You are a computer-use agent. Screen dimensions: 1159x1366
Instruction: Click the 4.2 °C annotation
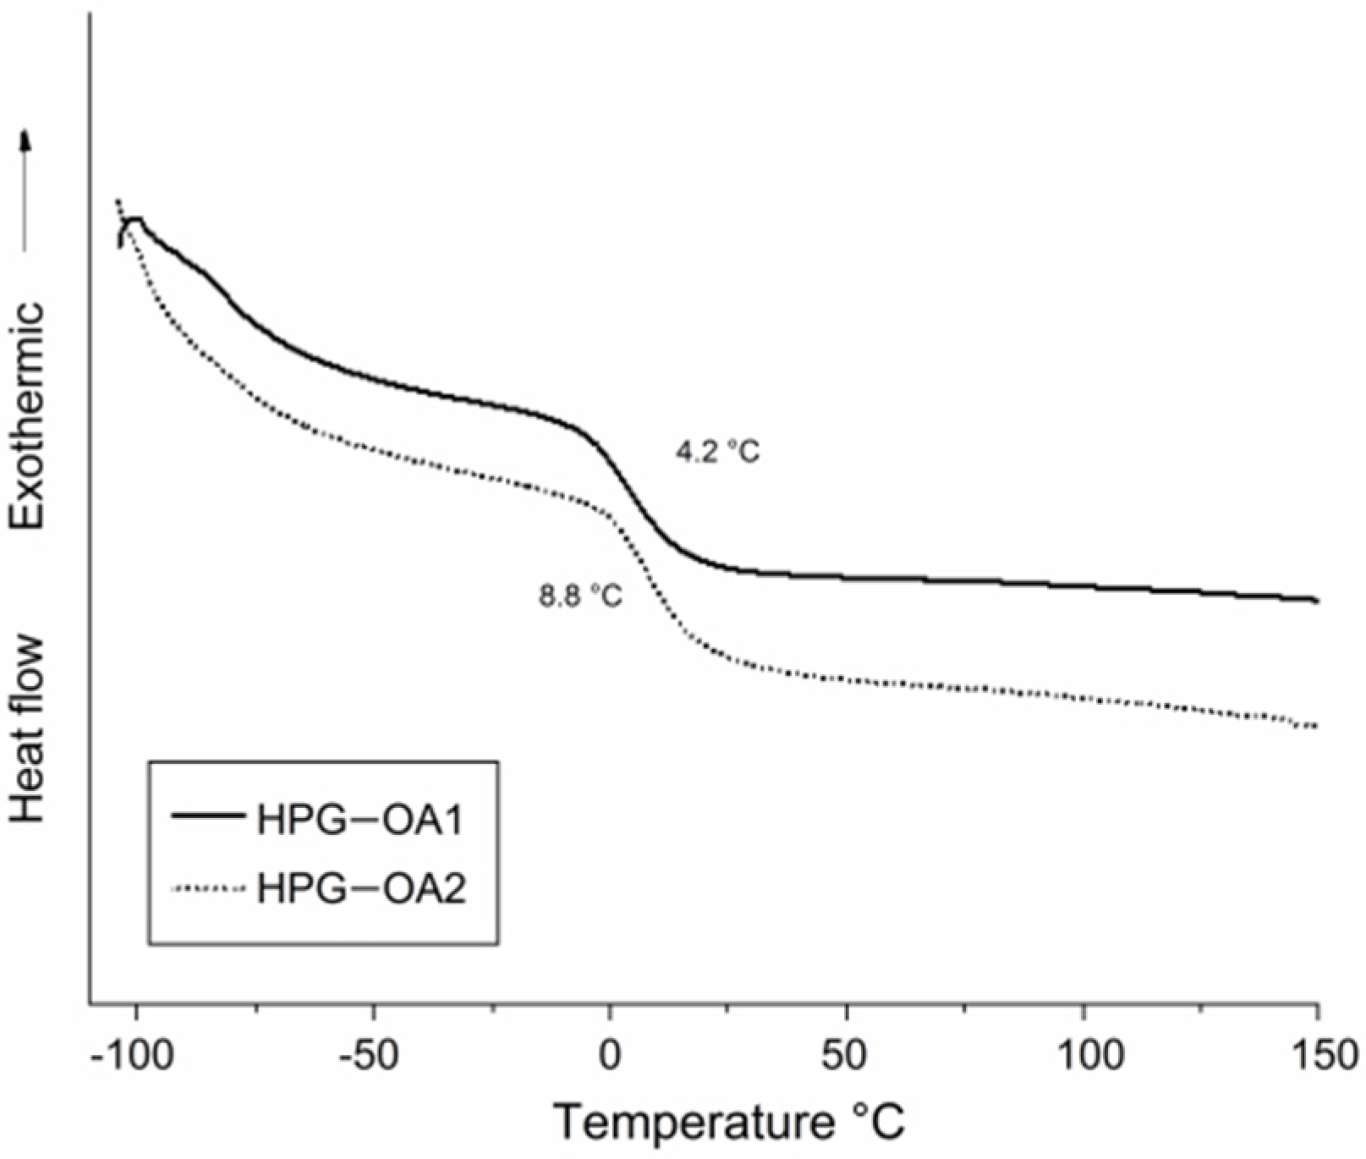[x=716, y=453]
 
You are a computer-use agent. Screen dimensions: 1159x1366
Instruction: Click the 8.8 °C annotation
[x=580, y=596]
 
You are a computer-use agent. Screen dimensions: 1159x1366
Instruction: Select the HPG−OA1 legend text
[x=360, y=820]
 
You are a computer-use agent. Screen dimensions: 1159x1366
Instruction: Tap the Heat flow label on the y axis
[x=27, y=728]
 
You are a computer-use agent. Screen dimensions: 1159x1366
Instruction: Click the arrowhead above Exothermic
[x=26, y=138]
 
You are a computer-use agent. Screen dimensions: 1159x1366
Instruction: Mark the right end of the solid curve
[x=1316, y=601]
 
